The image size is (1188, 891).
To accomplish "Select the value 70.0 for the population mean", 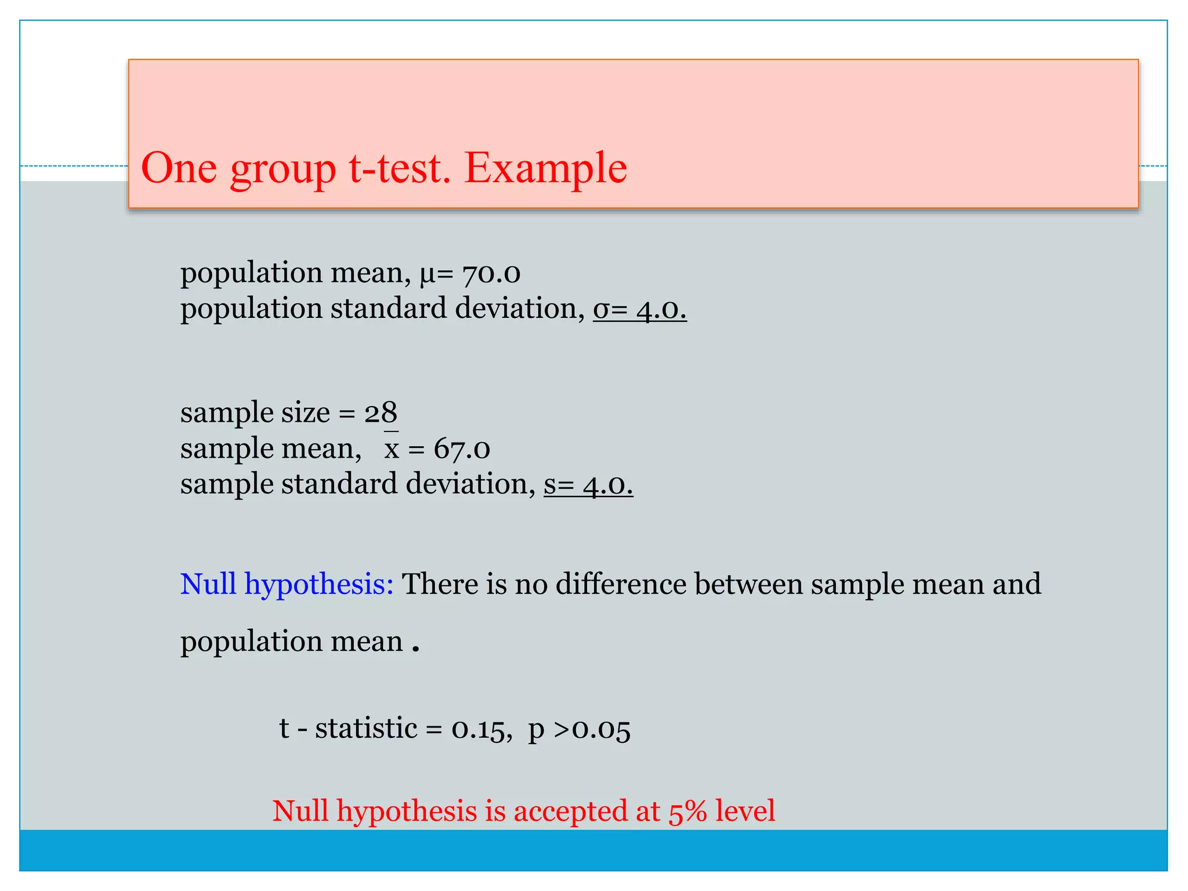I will [x=491, y=273].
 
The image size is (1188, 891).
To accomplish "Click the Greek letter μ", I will [x=427, y=274].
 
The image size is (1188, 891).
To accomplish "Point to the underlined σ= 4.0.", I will [x=639, y=309].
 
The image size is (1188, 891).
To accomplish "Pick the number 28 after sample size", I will [x=381, y=413].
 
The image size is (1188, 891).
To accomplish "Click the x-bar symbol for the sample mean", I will [x=392, y=447].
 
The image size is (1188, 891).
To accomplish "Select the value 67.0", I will [x=462, y=449].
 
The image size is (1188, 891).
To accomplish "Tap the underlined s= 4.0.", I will [x=588, y=484].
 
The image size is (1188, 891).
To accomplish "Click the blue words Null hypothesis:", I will [x=287, y=584].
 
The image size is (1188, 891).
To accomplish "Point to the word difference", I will [x=621, y=584].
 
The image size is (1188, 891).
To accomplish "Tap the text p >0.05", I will [x=579, y=729].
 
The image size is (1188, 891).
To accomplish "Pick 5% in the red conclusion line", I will [x=687, y=812].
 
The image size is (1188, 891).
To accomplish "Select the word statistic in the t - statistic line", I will [x=365, y=729].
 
